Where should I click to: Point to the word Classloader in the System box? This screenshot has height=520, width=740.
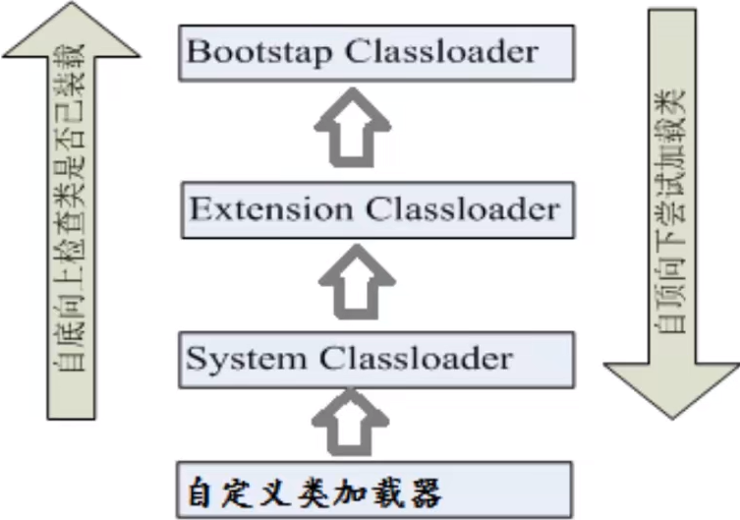click(x=416, y=358)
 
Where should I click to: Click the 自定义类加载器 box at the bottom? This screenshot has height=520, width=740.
click(x=374, y=488)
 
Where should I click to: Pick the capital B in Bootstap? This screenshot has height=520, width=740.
click(x=198, y=51)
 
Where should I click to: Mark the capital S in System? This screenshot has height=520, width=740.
click(x=198, y=358)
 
